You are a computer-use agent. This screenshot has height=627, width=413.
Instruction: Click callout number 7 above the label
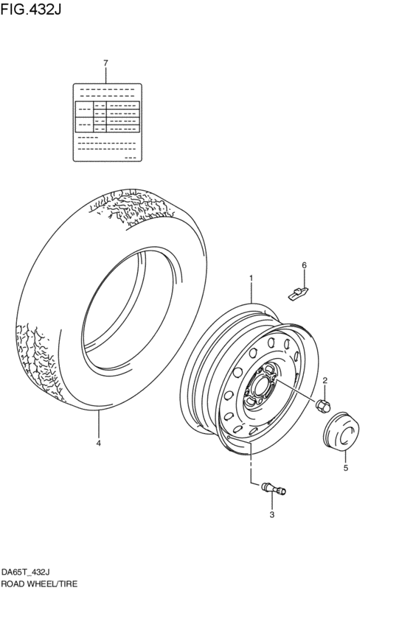[105, 63]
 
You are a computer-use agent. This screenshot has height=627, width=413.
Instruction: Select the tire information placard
[107, 122]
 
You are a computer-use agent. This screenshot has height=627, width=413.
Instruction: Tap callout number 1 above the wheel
[251, 279]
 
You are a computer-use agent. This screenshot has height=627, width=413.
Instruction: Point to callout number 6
[303, 265]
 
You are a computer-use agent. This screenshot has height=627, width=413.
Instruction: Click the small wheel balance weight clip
[297, 293]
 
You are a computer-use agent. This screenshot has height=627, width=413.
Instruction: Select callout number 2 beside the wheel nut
[324, 380]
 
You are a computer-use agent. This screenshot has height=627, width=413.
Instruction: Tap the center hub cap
[341, 432]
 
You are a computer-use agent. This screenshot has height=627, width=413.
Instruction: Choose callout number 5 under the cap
[344, 467]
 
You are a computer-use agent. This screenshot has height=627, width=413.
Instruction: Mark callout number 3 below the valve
[271, 514]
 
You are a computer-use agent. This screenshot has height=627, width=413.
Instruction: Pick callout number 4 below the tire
[97, 444]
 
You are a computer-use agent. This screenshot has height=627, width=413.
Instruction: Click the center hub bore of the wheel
[259, 385]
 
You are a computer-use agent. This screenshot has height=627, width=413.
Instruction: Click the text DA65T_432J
[26, 572]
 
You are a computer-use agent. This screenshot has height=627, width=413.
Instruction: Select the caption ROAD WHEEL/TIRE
[38, 583]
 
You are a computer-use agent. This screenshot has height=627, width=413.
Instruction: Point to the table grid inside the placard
[107, 117]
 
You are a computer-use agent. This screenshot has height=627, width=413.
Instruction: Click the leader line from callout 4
[97, 423]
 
